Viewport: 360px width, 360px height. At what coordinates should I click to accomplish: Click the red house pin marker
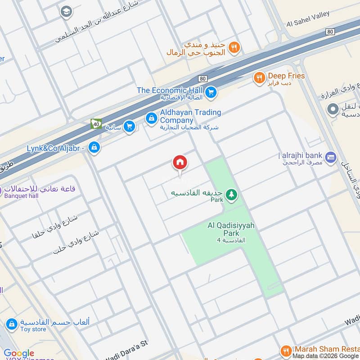tap(180, 163)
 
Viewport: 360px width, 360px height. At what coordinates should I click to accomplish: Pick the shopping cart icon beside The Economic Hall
tap(211, 93)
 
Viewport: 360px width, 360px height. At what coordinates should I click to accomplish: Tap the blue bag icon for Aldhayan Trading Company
tap(151, 118)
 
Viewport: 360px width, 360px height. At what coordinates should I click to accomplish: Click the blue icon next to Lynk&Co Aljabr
tap(94, 147)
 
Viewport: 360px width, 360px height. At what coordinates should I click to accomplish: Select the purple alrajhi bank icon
tap(331, 157)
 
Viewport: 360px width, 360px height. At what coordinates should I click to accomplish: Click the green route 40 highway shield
tap(96, 123)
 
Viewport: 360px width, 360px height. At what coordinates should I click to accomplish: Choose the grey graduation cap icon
tap(66, 12)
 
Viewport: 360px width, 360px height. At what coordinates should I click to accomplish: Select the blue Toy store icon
tap(12, 324)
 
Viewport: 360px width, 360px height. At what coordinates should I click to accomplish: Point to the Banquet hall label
tap(21, 196)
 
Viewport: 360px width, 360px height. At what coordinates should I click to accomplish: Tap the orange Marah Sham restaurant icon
tap(285, 350)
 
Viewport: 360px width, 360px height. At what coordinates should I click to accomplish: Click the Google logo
tap(19, 353)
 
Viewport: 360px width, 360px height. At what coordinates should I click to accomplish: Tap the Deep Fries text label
tap(286, 76)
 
